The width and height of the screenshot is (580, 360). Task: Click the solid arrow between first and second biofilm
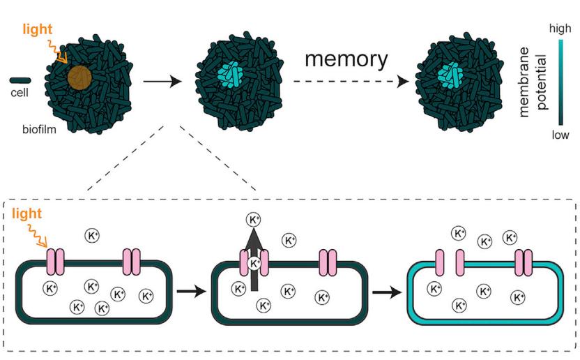pyautogui.click(x=162, y=82)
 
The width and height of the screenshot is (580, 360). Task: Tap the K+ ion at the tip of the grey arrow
pyautogui.click(x=254, y=220)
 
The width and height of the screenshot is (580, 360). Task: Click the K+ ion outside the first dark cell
pyautogui.click(x=93, y=236)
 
